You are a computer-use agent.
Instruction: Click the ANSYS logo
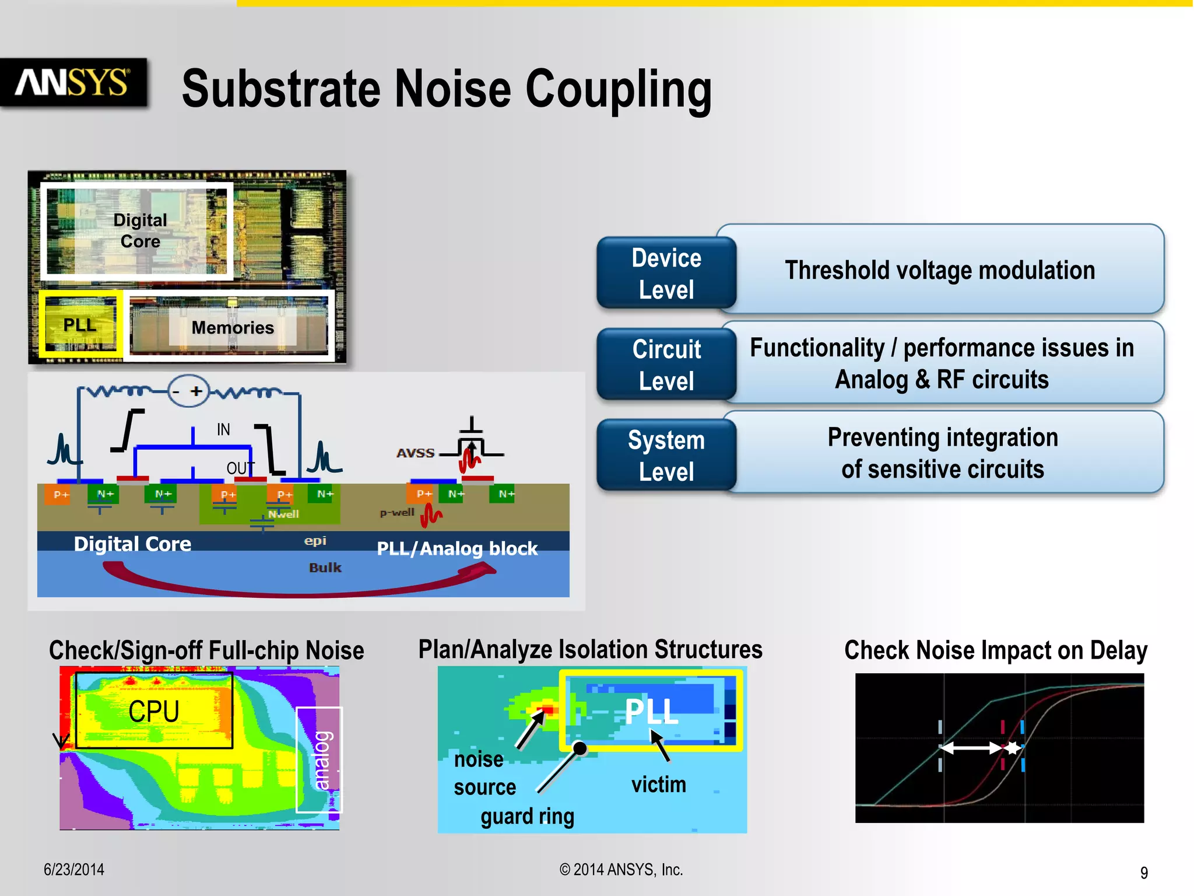click(x=73, y=82)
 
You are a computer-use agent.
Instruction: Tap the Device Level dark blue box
click(x=666, y=274)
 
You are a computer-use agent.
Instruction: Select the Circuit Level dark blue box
click(x=666, y=365)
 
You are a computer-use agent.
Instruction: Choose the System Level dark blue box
click(x=666, y=456)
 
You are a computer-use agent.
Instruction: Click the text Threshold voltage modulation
click(x=940, y=271)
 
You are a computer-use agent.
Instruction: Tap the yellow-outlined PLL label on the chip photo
click(x=80, y=325)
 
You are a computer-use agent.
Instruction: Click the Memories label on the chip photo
click(x=233, y=328)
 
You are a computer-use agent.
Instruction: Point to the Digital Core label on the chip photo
click(x=140, y=230)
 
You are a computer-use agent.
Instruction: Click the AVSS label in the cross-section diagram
click(x=416, y=453)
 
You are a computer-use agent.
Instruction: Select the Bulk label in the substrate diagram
click(x=325, y=568)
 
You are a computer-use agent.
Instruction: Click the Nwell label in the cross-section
click(x=283, y=514)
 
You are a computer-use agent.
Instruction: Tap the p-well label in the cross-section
click(x=397, y=513)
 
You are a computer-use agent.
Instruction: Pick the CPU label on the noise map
click(x=153, y=711)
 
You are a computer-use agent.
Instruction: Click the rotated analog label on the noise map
click(x=321, y=760)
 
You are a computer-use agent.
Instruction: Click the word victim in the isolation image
click(x=658, y=785)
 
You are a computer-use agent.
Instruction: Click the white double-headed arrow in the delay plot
click(x=971, y=748)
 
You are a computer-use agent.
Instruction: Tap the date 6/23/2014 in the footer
click(x=74, y=870)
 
